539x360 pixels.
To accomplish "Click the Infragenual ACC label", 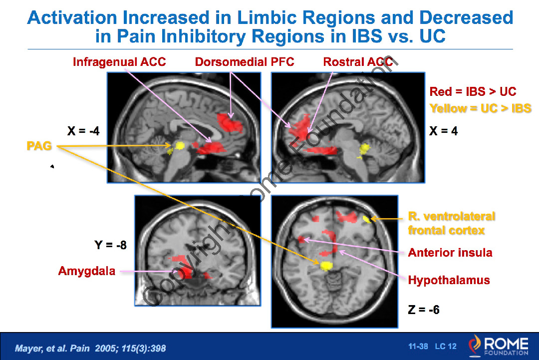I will click(x=119, y=62).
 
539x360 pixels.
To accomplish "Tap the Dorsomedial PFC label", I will click(x=245, y=62).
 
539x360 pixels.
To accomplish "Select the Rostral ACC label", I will click(x=358, y=62).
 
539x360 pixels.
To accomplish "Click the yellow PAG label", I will click(x=39, y=146).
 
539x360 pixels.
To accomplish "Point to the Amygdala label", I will click(x=87, y=271).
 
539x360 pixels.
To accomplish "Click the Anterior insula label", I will click(x=450, y=252).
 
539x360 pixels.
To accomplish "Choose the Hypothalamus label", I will click(x=449, y=280).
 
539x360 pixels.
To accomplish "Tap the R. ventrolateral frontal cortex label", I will click(x=452, y=223).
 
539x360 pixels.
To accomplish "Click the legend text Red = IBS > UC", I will click(x=473, y=92).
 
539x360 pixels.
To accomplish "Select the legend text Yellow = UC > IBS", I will click(x=480, y=108).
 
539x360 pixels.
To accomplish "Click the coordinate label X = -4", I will click(x=83, y=131).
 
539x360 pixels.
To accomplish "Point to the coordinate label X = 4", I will click(x=444, y=131).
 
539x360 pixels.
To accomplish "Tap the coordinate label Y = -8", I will click(x=110, y=245).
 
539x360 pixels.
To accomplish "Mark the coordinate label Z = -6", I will click(x=424, y=310).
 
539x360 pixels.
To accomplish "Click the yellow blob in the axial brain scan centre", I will click(x=326, y=265).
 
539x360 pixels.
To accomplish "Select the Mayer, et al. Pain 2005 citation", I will click(x=90, y=348).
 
